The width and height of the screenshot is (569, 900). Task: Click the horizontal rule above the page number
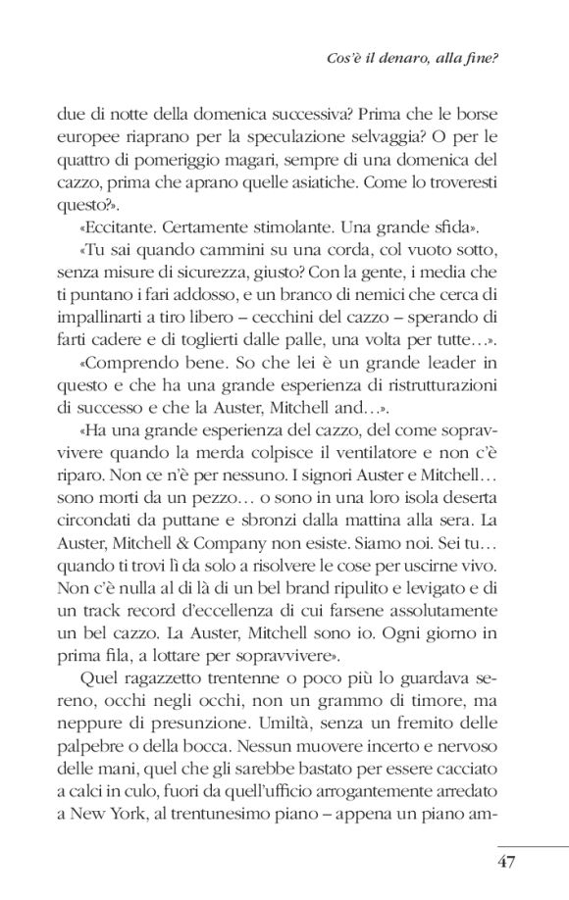(533, 846)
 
